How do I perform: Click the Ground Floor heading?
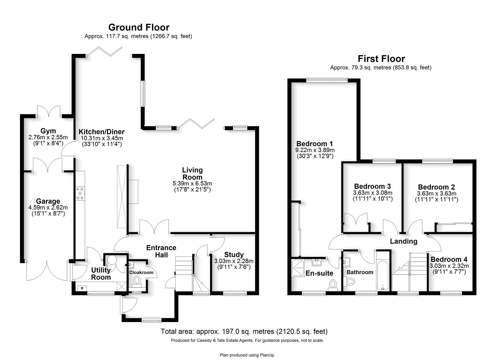pos(139,27)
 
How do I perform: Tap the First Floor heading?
pos(381,59)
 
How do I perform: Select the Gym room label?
pos(48,131)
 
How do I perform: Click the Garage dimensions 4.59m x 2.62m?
pos(48,208)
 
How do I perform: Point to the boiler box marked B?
pos(82,288)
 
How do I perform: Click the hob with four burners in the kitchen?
pos(80,194)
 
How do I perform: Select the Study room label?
pos(234,255)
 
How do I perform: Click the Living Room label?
pos(192,173)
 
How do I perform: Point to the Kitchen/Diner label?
pos(101,132)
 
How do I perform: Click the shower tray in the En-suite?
pos(298,268)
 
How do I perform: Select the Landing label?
pos(404,241)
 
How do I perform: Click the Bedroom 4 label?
pos(449,259)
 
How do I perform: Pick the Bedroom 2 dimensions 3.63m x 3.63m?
pos(436,194)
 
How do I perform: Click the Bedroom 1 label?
pos(314,144)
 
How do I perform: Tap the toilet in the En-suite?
pos(333,285)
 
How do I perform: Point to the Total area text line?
pos(244,331)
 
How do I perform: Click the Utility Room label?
pos(101,274)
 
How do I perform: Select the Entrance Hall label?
pos(161,251)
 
